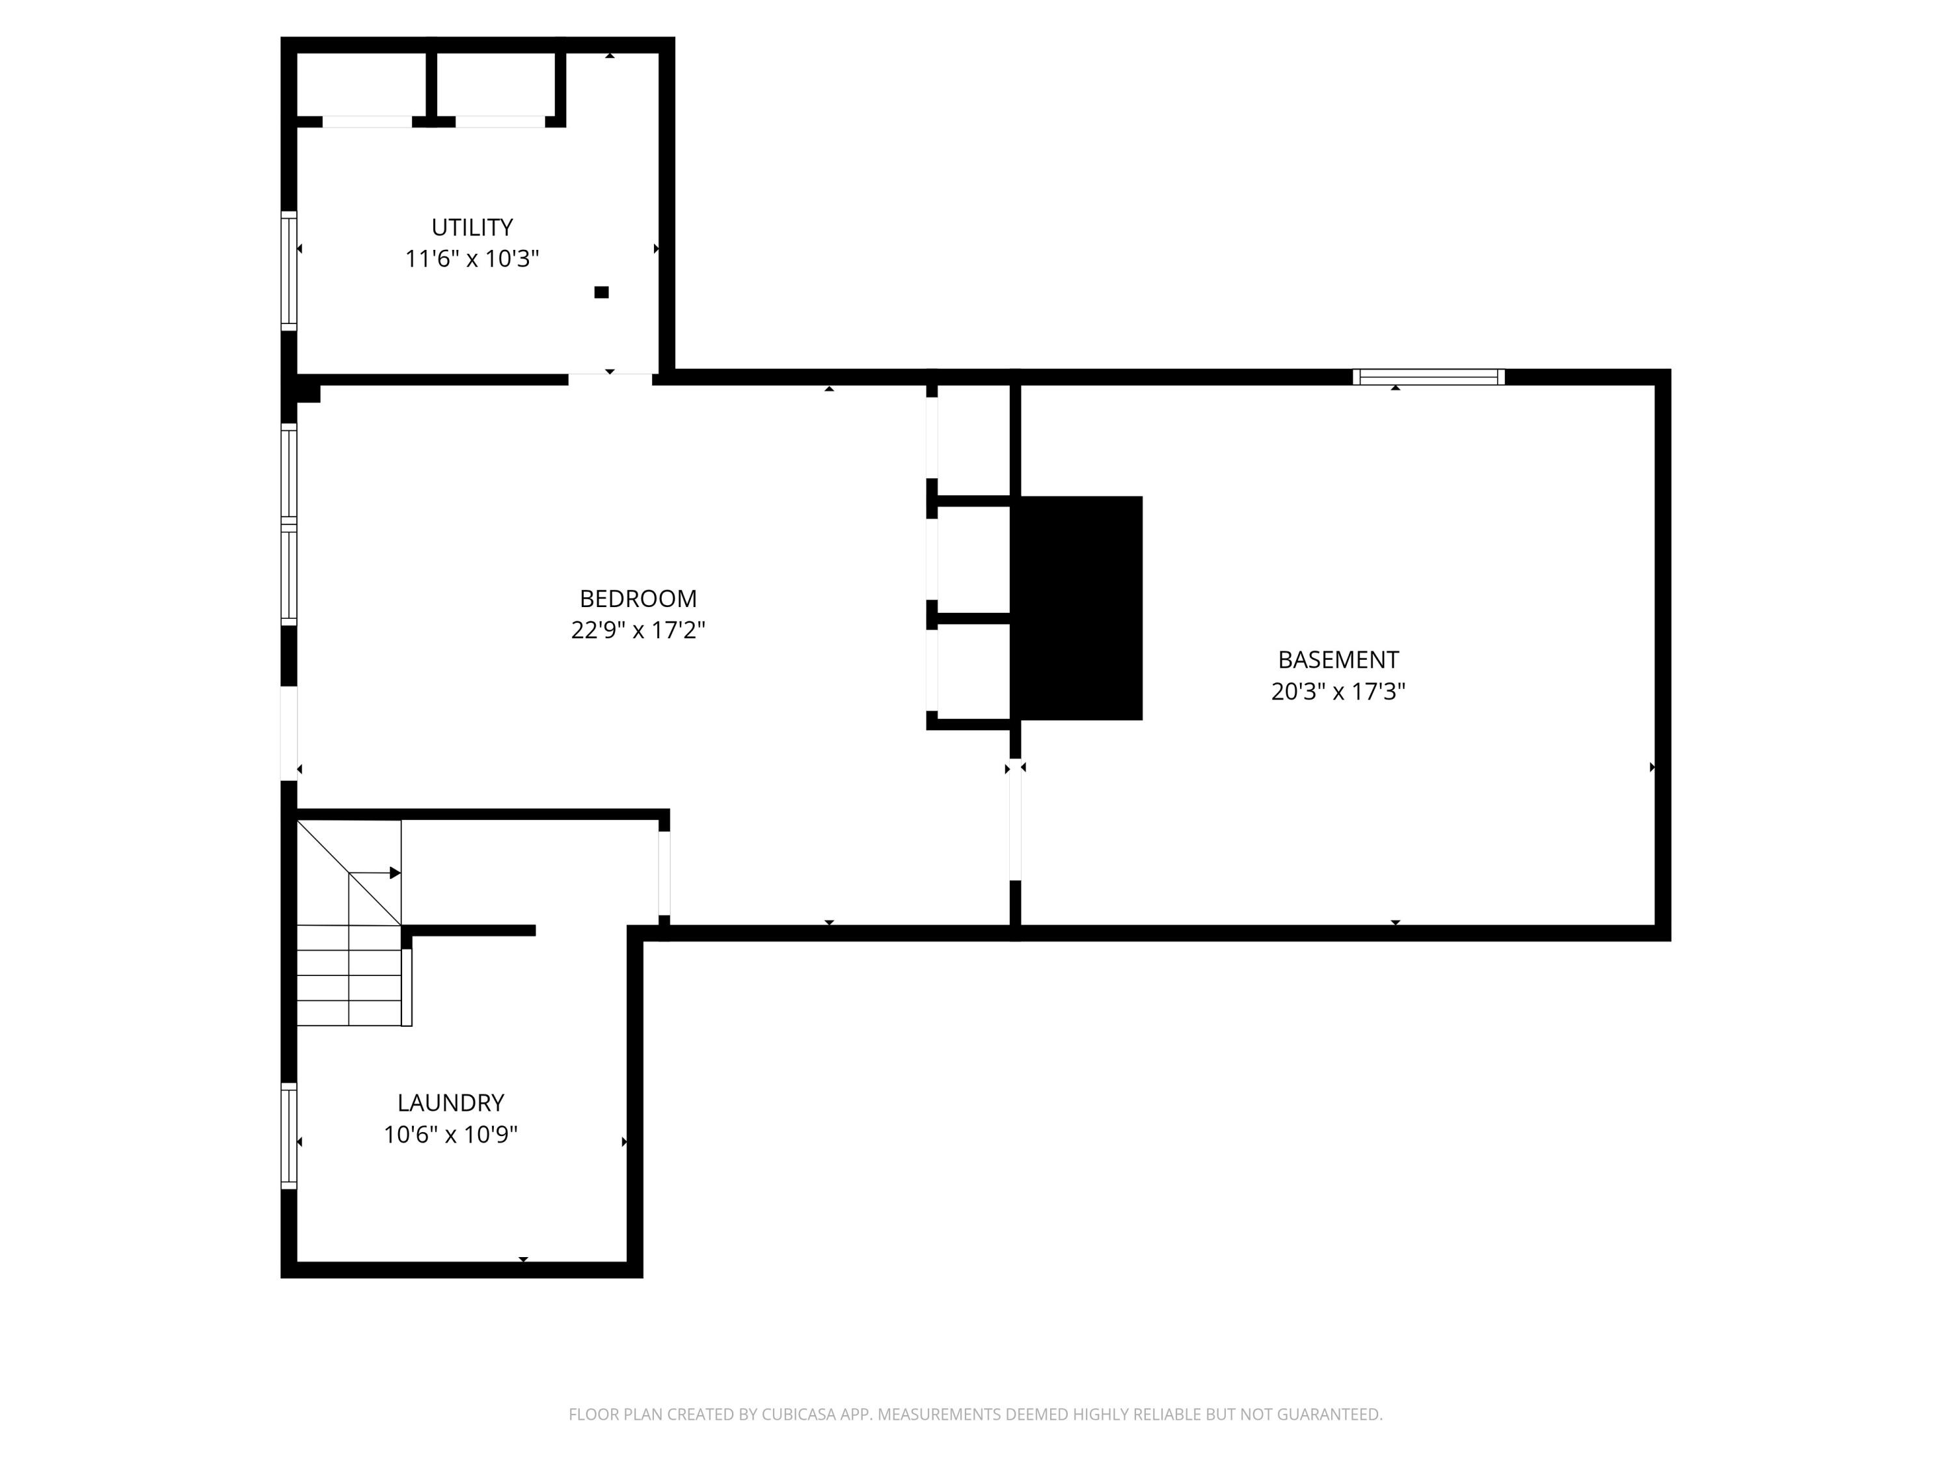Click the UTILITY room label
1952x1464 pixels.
472,228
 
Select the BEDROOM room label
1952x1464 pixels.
638,599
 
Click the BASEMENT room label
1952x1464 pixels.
1338,660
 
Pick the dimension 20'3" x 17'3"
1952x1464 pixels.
1338,692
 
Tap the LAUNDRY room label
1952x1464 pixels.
450,1103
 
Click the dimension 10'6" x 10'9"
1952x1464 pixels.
450,1135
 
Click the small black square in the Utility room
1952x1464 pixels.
601,293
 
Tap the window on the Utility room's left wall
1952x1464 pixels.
288,271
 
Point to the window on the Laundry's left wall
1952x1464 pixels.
288,1135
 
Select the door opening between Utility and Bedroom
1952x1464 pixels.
610,379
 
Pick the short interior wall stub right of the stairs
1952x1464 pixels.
472,930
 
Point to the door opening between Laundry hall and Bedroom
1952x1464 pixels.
664,873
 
